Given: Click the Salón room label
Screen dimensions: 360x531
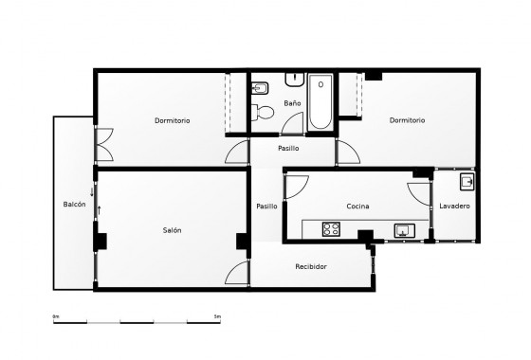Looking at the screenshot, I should point(172,230).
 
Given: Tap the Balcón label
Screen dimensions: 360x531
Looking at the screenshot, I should point(75,205).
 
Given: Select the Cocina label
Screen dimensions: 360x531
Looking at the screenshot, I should point(357,206).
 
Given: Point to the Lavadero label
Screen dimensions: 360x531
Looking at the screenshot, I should point(455,206).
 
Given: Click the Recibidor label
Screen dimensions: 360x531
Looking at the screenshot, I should point(310,266).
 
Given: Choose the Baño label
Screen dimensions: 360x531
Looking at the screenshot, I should point(292,102).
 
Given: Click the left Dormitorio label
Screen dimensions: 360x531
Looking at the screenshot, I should point(173,120).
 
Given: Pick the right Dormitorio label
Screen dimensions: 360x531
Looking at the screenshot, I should point(407,120).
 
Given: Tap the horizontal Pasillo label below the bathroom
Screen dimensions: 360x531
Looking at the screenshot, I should point(288,149).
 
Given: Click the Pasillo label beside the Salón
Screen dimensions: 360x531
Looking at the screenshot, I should point(266,206).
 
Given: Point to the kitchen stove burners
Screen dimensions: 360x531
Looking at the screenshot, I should point(331,228).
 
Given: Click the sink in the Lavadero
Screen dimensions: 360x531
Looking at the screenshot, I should point(467,181).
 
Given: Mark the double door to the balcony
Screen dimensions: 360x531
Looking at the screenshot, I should point(101,147).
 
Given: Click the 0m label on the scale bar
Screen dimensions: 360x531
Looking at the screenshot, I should point(56,315).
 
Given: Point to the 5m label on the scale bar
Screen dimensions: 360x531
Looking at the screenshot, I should point(219,315).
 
